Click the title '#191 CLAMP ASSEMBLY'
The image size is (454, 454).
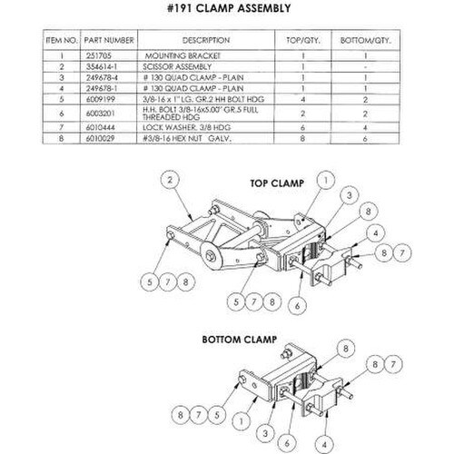pyautogui.click(x=229, y=8)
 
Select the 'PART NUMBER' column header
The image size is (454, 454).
pyautogui.click(x=109, y=40)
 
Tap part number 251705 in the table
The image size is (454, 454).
pyautogui.click(x=99, y=55)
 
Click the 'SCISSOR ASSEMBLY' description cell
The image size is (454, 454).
pyautogui.click(x=177, y=66)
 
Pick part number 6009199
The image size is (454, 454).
pyautogui.click(x=101, y=99)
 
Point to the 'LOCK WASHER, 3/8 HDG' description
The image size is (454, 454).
pyautogui.click(x=186, y=127)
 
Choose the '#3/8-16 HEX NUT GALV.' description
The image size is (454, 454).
pyautogui.click(x=187, y=138)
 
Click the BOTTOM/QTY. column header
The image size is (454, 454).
pyautogui.click(x=366, y=40)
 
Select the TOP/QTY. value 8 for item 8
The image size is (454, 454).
pyautogui.click(x=302, y=138)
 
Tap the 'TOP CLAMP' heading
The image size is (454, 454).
pyautogui.click(x=277, y=183)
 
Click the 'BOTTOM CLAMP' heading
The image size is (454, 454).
pyautogui.click(x=240, y=340)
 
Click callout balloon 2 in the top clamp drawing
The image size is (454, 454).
pyautogui.click(x=170, y=180)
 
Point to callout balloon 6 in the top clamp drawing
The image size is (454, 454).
pyautogui.click(x=297, y=306)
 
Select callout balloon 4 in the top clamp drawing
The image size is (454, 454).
pyautogui.click(x=376, y=233)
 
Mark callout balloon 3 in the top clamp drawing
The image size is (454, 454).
pyautogui.click(x=350, y=195)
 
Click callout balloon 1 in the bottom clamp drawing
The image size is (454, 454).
pyautogui.click(x=242, y=421)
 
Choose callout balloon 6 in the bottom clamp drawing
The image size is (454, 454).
pyautogui.click(x=287, y=443)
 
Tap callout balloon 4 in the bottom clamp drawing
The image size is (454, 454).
pyautogui.click(x=324, y=445)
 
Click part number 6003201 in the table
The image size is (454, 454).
pyautogui.click(x=101, y=113)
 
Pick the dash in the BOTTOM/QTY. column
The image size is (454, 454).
pyautogui.click(x=366, y=66)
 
